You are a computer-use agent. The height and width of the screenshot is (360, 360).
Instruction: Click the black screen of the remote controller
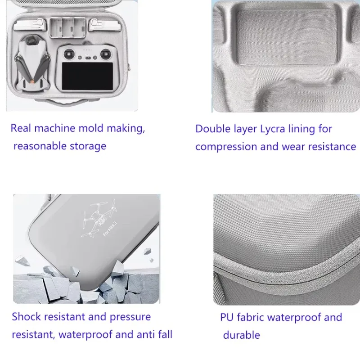[x=87, y=76]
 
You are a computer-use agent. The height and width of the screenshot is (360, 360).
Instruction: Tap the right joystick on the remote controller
[x=105, y=54]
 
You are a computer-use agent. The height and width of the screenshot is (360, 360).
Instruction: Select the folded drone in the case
[x=32, y=63]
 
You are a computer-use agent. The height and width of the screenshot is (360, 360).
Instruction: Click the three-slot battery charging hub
[x=67, y=27]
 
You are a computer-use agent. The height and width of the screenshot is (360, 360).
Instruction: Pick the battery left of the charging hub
[x=30, y=25]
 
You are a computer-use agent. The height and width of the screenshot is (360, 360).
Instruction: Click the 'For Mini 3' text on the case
[x=110, y=229]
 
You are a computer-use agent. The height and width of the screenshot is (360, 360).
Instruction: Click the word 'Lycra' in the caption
[x=273, y=129]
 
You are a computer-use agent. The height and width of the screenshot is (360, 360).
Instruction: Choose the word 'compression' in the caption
[x=226, y=147]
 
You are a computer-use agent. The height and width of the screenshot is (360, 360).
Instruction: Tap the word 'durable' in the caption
[x=242, y=335]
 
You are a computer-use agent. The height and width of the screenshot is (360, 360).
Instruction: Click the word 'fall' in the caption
[x=165, y=334]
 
